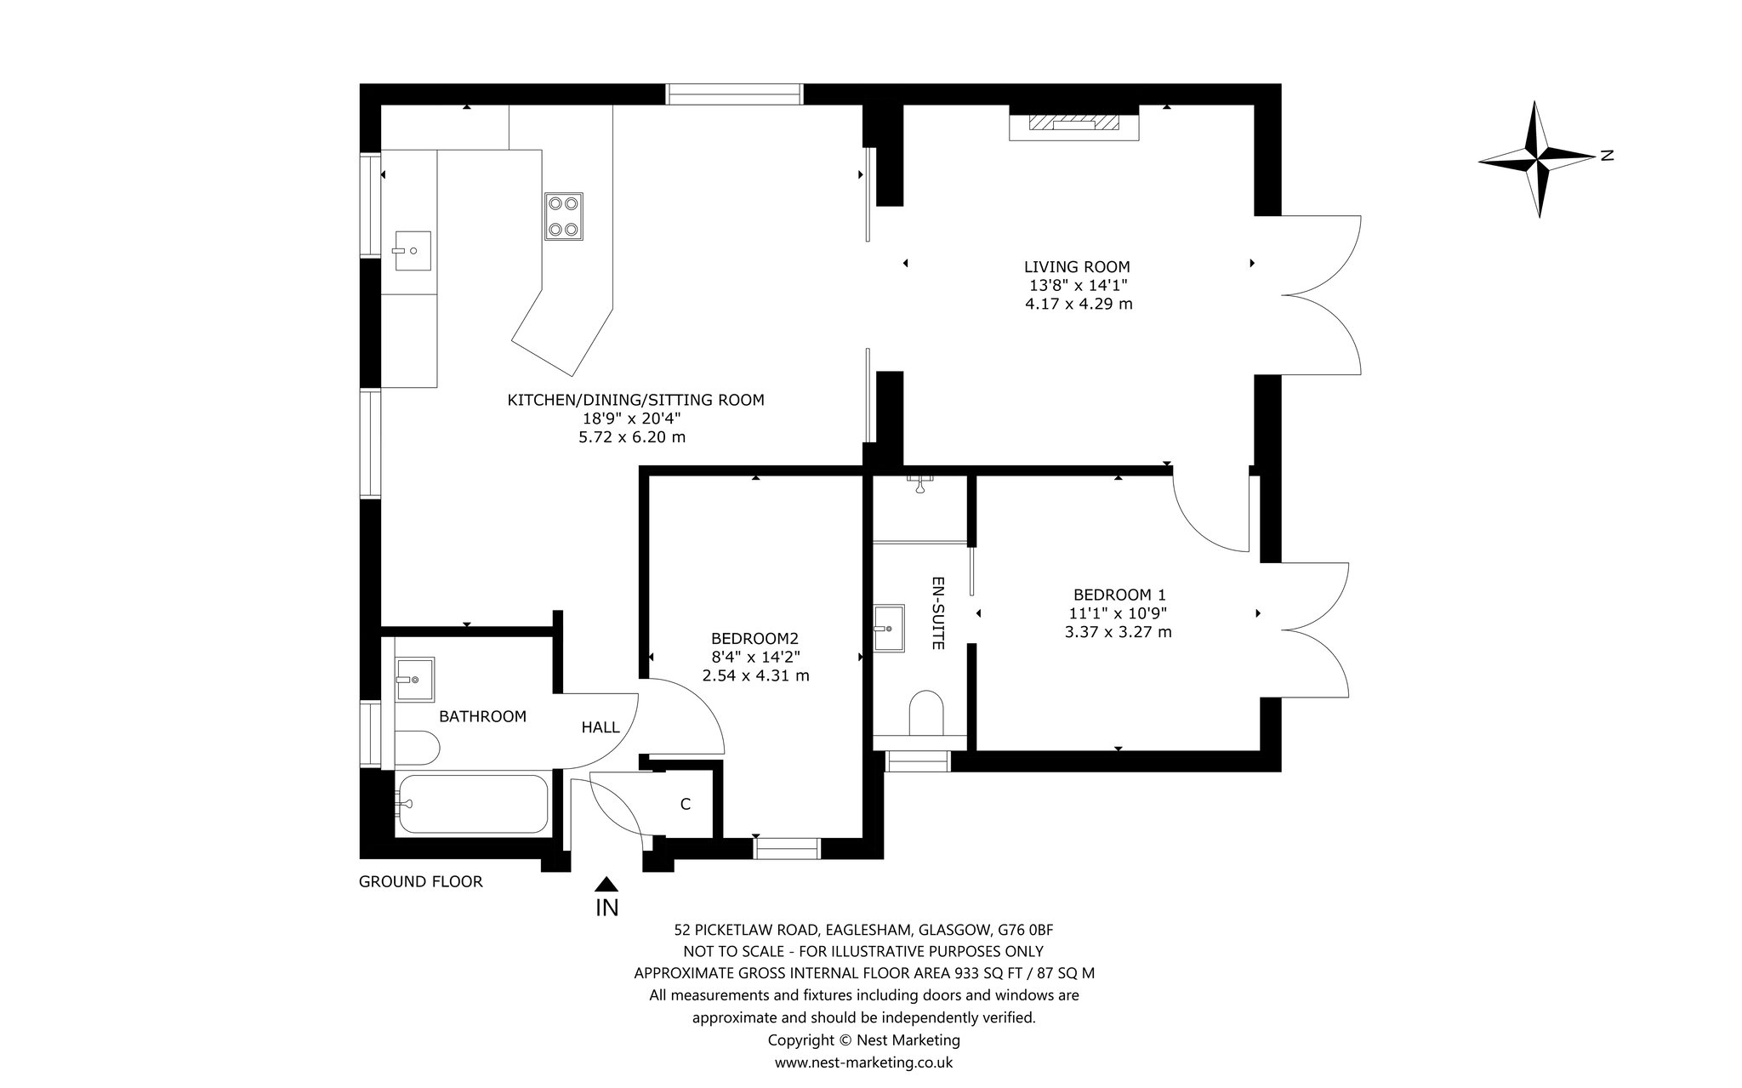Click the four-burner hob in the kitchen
564,216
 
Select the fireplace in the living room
1073,123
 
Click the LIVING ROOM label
1077,267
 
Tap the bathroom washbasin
414,679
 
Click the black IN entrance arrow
606,885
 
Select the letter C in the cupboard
685,804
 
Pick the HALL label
601,727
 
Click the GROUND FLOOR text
421,881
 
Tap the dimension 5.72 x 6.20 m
632,437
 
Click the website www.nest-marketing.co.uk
863,1062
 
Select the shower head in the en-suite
920,484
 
